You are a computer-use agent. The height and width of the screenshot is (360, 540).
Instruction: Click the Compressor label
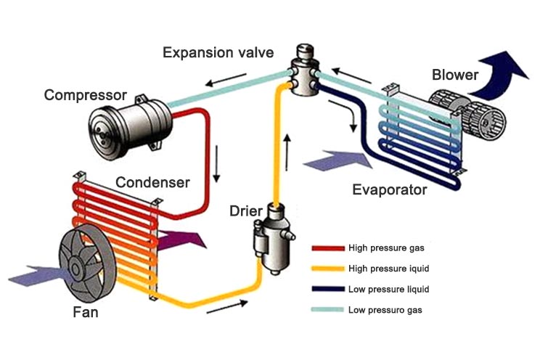pyautogui.click(x=85, y=95)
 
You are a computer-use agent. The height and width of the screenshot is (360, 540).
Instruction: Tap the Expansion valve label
pyautogui.click(x=218, y=52)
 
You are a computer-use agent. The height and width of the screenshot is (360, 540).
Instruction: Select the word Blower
pyautogui.click(x=455, y=75)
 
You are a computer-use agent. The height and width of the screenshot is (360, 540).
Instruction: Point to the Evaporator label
pyautogui.click(x=390, y=190)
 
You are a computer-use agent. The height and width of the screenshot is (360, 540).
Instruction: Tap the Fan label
pyautogui.click(x=85, y=314)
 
